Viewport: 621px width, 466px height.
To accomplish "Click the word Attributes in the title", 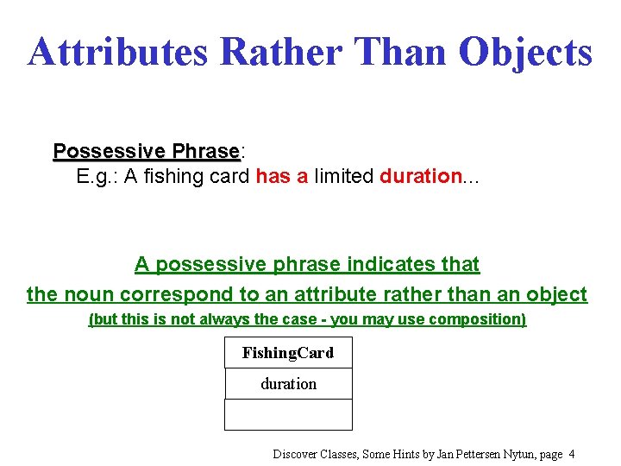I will (118, 52).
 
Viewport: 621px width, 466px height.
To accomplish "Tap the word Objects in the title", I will (525, 52).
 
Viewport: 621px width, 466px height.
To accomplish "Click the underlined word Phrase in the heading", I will (205, 152).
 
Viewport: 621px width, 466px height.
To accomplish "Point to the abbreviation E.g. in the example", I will (97, 177).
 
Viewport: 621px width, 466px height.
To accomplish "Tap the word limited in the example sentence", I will (343, 177).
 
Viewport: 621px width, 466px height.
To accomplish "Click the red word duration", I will (421, 177).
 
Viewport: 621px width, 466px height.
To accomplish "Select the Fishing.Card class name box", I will (288, 353).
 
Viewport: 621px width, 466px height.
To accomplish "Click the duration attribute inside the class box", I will (288, 384).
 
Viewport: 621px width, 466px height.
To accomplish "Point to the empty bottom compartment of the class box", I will (288, 414).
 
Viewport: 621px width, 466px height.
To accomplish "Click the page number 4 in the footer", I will (572, 454).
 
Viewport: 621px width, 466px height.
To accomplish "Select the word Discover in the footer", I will (297, 454).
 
